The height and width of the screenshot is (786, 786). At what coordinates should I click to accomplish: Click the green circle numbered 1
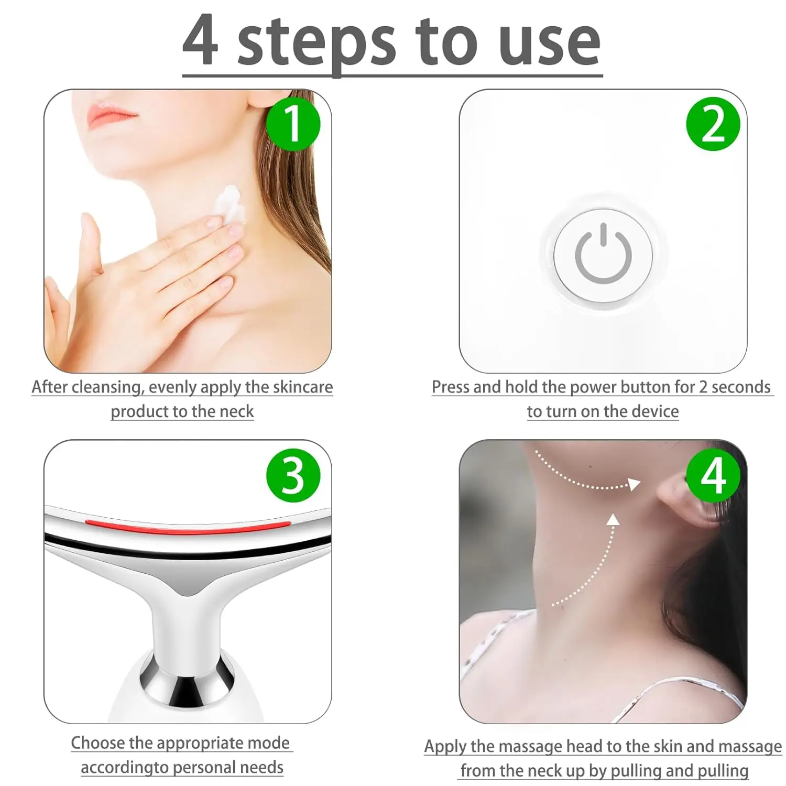293,124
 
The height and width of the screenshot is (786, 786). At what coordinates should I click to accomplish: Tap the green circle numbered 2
713,124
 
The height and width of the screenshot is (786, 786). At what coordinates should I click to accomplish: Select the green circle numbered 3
293,475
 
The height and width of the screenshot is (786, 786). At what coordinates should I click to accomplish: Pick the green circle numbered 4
713,475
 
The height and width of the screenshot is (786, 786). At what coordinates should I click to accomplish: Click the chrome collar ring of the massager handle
187,676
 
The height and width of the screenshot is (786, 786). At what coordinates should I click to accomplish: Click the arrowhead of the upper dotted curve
635,484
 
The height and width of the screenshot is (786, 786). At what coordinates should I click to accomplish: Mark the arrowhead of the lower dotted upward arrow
613,519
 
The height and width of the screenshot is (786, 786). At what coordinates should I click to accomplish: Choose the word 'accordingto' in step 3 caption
124,767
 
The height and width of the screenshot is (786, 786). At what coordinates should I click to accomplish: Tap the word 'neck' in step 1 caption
236,411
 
